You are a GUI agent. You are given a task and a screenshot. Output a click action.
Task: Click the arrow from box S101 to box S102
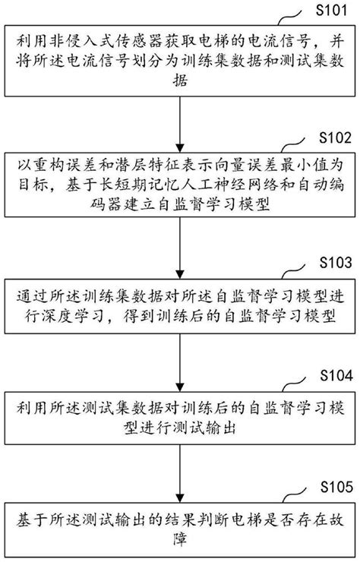point(179,122)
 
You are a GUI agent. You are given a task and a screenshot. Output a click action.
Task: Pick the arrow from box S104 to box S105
point(179,473)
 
